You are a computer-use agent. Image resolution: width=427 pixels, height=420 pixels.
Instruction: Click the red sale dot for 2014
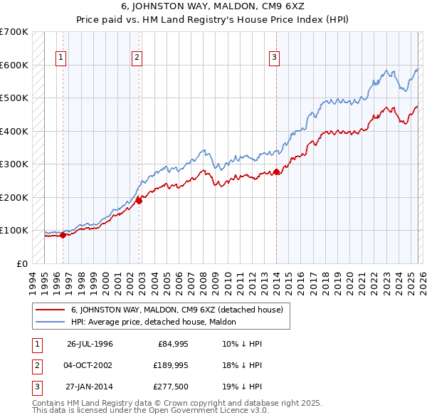(x=276, y=172)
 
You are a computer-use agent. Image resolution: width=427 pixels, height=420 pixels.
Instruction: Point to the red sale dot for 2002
(x=139, y=201)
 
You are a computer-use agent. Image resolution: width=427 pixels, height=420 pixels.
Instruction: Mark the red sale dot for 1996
(x=63, y=235)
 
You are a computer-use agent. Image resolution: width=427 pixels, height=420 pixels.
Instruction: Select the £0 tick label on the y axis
(x=21, y=263)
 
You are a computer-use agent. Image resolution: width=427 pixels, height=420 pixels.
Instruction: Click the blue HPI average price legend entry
(x=158, y=322)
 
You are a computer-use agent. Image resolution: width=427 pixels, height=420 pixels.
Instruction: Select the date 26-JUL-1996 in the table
(x=90, y=344)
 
